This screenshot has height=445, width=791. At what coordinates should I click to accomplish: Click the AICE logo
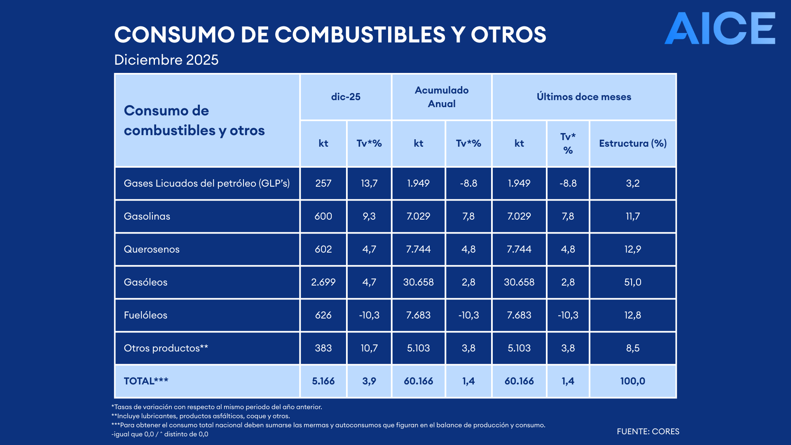click(720, 28)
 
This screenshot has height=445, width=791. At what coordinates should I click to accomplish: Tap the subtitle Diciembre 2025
click(166, 60)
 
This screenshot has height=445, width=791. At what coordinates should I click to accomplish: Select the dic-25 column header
click(346, 97)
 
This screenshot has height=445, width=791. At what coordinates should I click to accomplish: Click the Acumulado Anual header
click(441, 97)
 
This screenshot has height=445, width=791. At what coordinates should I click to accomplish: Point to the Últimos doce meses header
click(584, 97)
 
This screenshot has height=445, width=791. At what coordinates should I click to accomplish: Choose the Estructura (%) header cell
click(632, 143)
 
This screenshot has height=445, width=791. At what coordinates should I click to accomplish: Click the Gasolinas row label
click(147, 216)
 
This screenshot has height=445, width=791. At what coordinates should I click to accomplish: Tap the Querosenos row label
click(152, 249)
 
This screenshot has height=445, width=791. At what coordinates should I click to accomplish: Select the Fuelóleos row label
click(145, 315)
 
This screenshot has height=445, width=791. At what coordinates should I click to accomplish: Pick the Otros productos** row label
click(166, 348)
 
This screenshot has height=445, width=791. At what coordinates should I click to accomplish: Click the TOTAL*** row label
click(146, 381)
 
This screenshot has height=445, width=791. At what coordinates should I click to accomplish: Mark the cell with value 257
click(323, 183)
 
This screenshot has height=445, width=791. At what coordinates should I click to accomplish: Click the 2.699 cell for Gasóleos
click(323, 282)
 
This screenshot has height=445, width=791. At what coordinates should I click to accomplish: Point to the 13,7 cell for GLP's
click(369, 183)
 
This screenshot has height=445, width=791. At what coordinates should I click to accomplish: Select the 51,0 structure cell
click(632, 282)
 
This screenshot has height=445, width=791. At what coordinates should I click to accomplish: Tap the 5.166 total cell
click(323, 381)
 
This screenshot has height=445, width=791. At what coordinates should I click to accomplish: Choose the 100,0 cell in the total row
click(632, 381)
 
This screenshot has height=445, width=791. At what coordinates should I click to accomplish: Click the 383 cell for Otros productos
click(323, 348)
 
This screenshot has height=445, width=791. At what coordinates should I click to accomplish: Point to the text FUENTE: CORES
click(648, 431)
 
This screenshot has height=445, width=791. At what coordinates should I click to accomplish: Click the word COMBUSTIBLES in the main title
click(360, 35)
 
